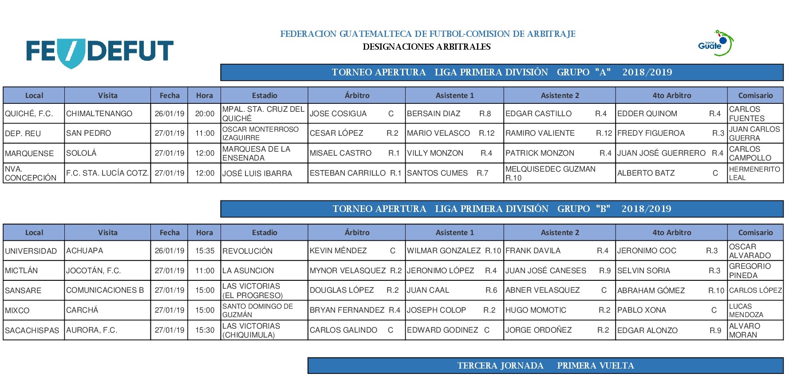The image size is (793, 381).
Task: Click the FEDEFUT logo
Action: click(x=100, y=52)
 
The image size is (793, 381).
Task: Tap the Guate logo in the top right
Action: click(x=715, y=43)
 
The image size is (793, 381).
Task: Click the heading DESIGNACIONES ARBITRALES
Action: click(x=426, y=47)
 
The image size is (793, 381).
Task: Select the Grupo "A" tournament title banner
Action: click(x=501, y=72)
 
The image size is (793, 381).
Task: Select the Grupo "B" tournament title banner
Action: click(x=501, y=209)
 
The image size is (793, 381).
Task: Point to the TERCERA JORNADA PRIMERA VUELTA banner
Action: click(x=545, y=366)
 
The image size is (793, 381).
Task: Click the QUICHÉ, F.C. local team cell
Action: click(x=34, y=114)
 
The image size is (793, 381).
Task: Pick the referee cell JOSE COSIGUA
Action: click(x=356, y=114)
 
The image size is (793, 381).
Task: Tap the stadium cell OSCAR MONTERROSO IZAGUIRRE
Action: click(x=264, y=133)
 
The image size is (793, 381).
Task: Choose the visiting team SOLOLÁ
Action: click(x=107, y=153)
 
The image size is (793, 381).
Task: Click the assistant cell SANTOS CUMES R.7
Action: click(x=454, y=173)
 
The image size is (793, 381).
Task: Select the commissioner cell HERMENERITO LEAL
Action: click(x=755, y=173)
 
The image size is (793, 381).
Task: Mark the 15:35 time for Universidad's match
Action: click(x=205, y=251)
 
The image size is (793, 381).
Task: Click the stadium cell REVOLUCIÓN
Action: click(x=264, y=251)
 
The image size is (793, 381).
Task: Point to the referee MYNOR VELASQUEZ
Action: click(x=356, y=271)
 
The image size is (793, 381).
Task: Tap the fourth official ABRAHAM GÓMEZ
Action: click(x=671, y=291)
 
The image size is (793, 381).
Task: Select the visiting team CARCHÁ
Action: click(x=107, y=310)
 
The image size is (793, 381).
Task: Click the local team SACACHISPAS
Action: click(x=34, y=330)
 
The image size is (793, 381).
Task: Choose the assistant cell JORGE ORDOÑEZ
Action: click(x=559, y=330)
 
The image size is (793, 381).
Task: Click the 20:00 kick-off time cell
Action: click(x=205, y=114)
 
